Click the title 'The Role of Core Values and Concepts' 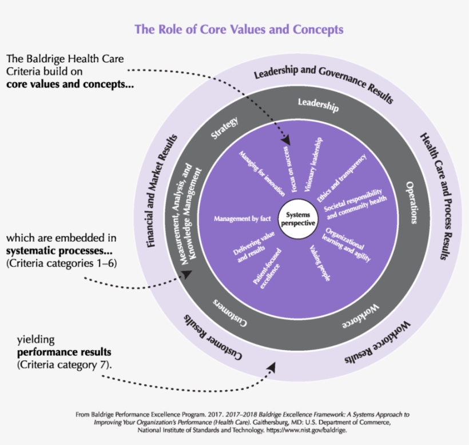pyautogui.click(x=239, y=29)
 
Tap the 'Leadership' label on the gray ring pyautogui.click(x=318, y=105)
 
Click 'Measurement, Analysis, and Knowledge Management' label pyautogui.click(x=188, y=215)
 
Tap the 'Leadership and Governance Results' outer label pyautogui.click(x=323, y=83)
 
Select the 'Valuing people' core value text pyautogui.click(x=320, y=263)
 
